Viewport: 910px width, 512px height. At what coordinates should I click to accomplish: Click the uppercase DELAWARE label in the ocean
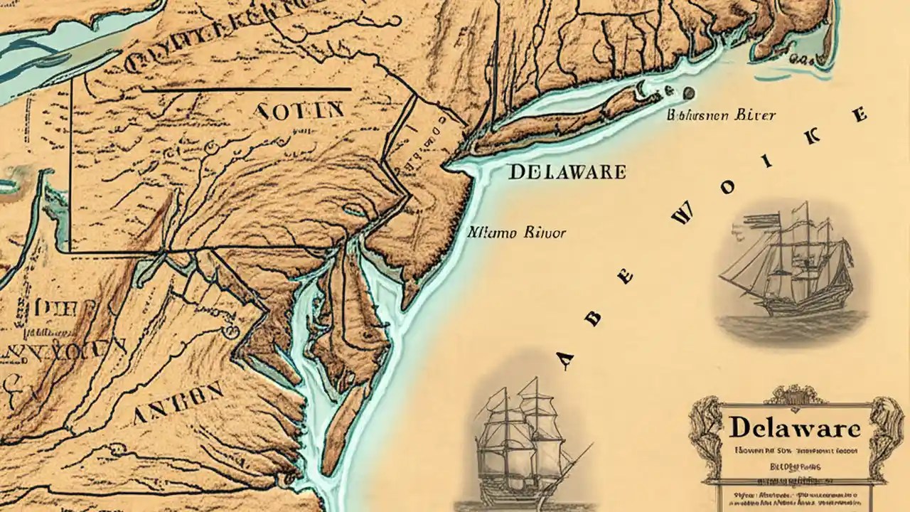click(567, 171)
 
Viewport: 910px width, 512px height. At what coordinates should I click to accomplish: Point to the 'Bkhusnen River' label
click(721, 114)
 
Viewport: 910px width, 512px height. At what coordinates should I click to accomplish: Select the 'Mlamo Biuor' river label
click(517, 232)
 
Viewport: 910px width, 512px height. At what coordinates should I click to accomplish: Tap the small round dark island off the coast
click(687, 92)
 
